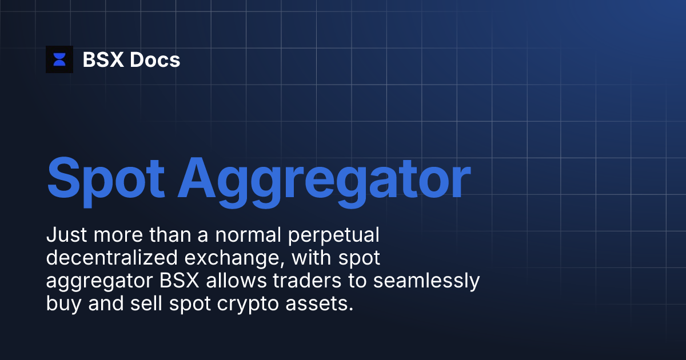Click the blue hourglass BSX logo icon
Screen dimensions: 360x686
[59, 59]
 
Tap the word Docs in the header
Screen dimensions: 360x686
[155, 59]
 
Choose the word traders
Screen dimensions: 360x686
[326, 281]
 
